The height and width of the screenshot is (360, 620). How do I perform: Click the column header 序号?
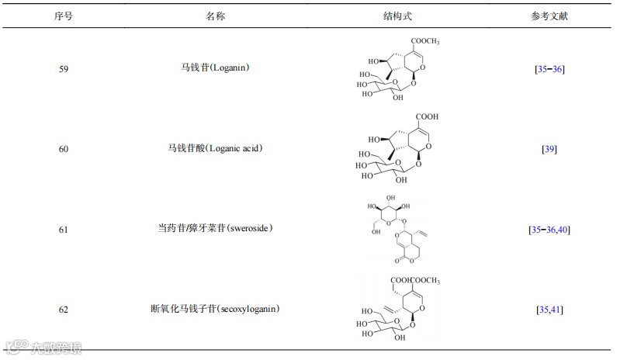pyautogui.click(x=64, y=16)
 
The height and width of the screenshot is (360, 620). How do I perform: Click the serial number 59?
pyautogui.click(x=64, y=69)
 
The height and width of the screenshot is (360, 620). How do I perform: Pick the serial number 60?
pyautogui.click(x=64, y=149)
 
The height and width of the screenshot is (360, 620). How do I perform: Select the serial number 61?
pyautogui.click(x=64, y=230)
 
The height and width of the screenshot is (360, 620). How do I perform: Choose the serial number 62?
pyautogui.click(x=64, y=310)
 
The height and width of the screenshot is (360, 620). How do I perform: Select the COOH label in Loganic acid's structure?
pyautogui.click(x=426, y=117)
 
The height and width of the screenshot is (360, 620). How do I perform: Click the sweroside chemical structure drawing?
pyautogui.click(x=396, y=230)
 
